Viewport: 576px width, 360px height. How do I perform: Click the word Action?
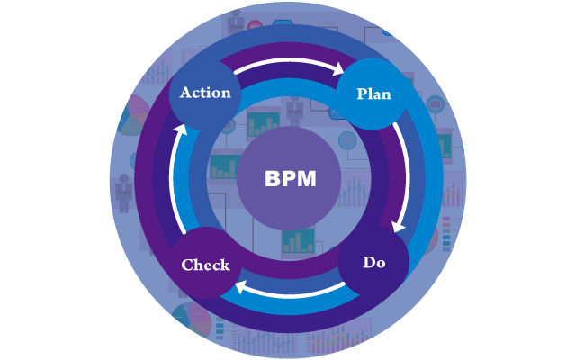205,93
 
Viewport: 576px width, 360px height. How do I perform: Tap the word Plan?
373,94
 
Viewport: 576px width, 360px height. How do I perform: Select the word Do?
374,263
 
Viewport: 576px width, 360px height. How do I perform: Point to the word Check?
205,265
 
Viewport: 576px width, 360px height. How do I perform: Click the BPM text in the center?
290,178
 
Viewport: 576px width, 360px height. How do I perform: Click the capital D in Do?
368,263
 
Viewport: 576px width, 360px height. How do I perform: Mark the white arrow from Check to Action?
175,180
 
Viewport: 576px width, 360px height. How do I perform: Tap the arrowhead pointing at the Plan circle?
340,68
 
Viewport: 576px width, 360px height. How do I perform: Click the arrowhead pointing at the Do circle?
399,226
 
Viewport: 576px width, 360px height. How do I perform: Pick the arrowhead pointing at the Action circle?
181,130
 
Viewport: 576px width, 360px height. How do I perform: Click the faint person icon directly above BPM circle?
294,110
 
